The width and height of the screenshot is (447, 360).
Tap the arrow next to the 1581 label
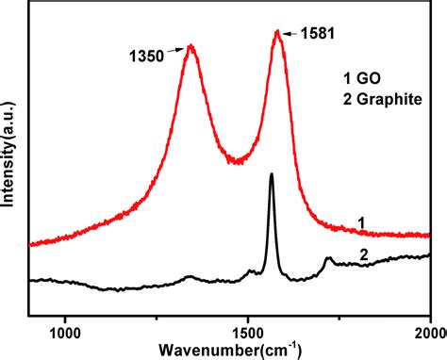click(290, 33)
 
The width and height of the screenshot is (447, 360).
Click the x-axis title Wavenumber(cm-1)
click(244, 351)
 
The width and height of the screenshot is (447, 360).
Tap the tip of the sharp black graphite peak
click(272, 174)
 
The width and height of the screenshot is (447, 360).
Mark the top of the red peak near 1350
click(191, 45)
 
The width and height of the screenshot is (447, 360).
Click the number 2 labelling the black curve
click(364, 254)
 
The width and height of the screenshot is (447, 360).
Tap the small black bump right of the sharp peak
click(328, 258)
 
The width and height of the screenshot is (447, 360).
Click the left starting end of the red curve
click(31, 244)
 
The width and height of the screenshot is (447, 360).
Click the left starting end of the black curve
click(31, 281)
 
